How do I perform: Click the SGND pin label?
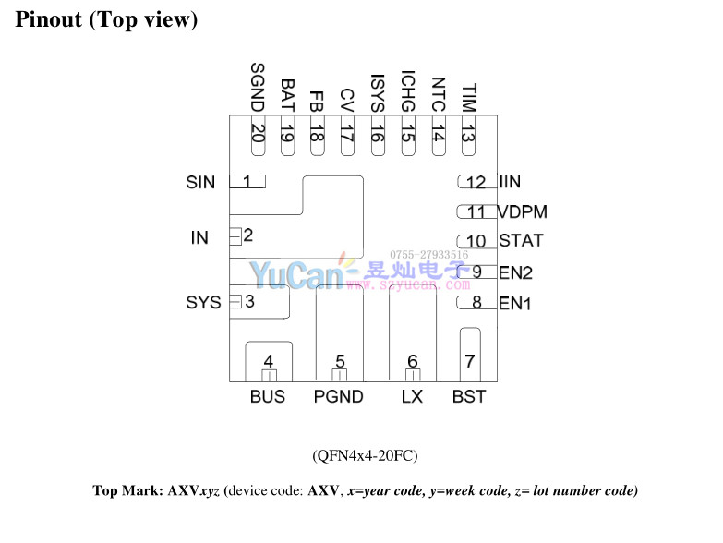[x=258, y=88]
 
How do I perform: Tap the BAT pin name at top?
[x=287, y=93]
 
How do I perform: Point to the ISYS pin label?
[x=377, y=91]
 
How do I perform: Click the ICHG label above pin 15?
[x=407, y=90]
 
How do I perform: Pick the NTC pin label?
[x=438, y=93]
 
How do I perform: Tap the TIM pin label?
[x=468, y=96]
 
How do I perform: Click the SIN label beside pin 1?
[x=200, y=183]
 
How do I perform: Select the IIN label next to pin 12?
[x=510, y=183]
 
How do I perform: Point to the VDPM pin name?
[x=523, y=212]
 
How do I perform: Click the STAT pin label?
[x=521, y=241]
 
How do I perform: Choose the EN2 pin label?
[x=515, y=272]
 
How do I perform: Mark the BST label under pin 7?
[x=469, y=397]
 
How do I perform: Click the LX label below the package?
[x=412, y=397]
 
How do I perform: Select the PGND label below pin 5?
[x=338, y=397]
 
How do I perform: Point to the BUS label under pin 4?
[x=268, y=397]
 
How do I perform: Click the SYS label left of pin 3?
[x=203, y=302]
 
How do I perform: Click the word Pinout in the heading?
[x=49, y=19]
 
